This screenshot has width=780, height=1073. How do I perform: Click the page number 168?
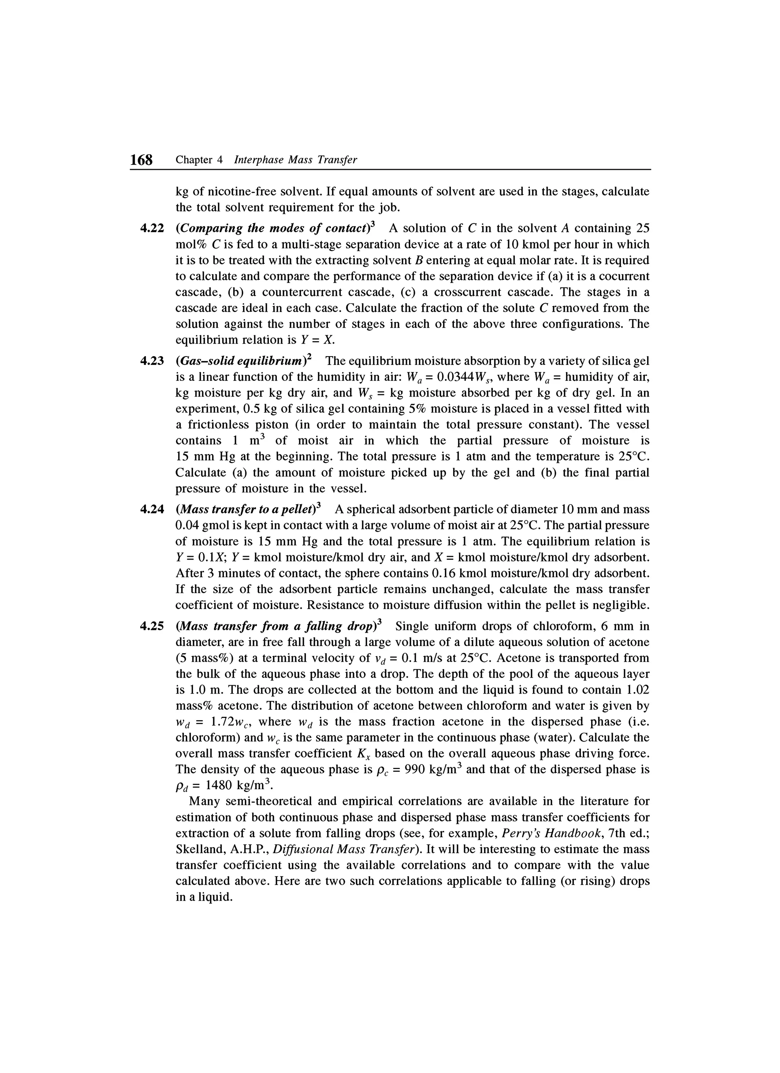(141, 160)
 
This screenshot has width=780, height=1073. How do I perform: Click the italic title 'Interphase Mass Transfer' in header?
(296, 160)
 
